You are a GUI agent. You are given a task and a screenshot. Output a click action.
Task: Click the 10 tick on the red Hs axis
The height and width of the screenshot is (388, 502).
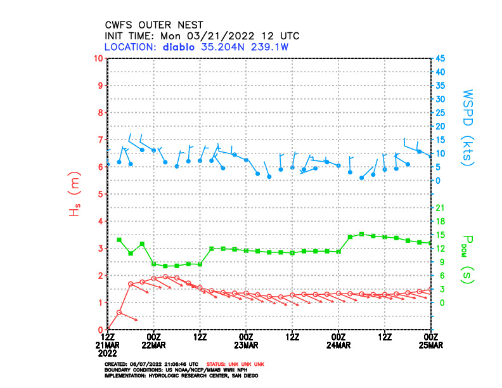pos(98,58)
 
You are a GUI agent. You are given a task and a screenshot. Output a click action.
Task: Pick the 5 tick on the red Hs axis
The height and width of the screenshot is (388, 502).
pos(100,194)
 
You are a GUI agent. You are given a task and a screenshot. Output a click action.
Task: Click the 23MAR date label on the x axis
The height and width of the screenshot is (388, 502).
pos(246,346)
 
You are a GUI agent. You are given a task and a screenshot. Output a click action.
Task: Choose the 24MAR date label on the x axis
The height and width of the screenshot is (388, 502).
pos(338,346)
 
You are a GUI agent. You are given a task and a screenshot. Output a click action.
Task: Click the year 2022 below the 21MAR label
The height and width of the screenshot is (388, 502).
pos(108,352)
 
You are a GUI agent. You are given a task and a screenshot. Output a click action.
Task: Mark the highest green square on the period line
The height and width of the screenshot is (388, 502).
pos(361,234)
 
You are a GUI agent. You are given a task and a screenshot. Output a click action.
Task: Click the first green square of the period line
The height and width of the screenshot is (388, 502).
pos(119,240)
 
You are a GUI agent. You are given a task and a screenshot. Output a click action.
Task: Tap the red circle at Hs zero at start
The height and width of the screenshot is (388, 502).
pos(108,330)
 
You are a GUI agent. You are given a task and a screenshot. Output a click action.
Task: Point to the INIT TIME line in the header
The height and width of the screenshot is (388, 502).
pos(202,36)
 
